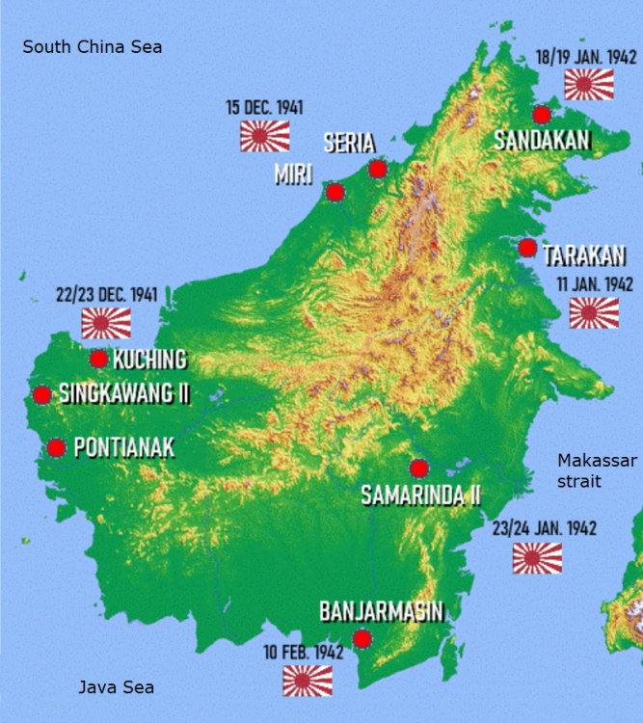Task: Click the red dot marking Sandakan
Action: click(542, 115)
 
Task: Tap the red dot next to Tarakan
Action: click(527, 248)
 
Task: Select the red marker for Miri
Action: click(335, 192)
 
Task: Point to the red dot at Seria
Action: click(378, 170)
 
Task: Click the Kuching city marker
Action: click(98, 360)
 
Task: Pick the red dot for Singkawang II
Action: click(41, 394)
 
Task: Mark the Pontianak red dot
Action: click(56, 447)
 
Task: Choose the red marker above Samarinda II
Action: click(418, 469)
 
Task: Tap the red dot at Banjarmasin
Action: click(362, 638)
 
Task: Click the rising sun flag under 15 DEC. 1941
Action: click(265, 136)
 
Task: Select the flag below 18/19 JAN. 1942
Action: click(589, 85)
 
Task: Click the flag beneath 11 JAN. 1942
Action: click(595, 312)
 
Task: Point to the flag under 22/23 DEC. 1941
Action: click(106, 323)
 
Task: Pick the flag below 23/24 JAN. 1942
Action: click(537, 558)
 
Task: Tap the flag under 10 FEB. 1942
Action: click(308, 681)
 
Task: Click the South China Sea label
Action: click(93, 46)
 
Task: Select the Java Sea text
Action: click(116, 687)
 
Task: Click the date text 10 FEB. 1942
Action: click(304, 653)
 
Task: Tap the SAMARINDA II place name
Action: click(421, 495)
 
